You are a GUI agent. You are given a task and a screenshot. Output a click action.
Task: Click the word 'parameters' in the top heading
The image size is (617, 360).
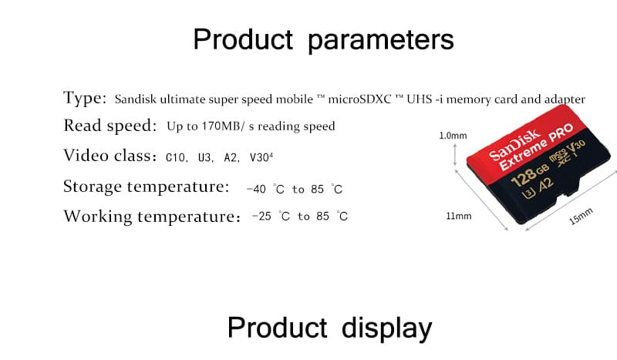381,41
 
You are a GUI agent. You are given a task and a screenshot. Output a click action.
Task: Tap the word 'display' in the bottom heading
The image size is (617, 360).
387,329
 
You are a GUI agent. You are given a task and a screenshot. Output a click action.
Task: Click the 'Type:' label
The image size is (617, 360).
85,98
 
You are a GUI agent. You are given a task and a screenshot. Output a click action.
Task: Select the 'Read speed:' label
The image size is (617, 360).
110,126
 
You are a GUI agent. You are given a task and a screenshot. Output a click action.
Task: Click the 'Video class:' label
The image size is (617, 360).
110,156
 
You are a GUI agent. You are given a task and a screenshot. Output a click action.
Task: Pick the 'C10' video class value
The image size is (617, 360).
176,158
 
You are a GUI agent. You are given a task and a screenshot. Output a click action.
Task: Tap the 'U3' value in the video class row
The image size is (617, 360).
204,158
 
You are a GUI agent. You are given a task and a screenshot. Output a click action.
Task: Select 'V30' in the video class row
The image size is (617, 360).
259,158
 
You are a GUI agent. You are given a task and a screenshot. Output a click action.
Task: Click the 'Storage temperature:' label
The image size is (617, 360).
147,187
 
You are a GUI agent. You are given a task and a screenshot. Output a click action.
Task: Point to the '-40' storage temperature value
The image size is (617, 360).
256,189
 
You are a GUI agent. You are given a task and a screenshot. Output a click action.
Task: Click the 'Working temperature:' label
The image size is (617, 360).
152,217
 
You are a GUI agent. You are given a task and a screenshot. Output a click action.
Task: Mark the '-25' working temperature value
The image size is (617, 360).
261,217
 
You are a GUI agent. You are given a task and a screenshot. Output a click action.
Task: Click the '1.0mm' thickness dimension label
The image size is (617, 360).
453,136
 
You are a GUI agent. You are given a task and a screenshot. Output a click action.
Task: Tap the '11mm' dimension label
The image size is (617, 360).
458,216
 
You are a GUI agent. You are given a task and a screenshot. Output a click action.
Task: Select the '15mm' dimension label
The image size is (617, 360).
581,217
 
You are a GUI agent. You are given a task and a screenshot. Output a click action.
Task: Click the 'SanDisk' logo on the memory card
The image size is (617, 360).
514,144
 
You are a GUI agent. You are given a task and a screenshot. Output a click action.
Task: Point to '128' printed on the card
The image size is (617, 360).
524,177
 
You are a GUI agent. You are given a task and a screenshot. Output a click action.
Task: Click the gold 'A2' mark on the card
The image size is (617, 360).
545,185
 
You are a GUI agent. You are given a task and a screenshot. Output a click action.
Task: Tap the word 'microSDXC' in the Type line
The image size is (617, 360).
359,99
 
